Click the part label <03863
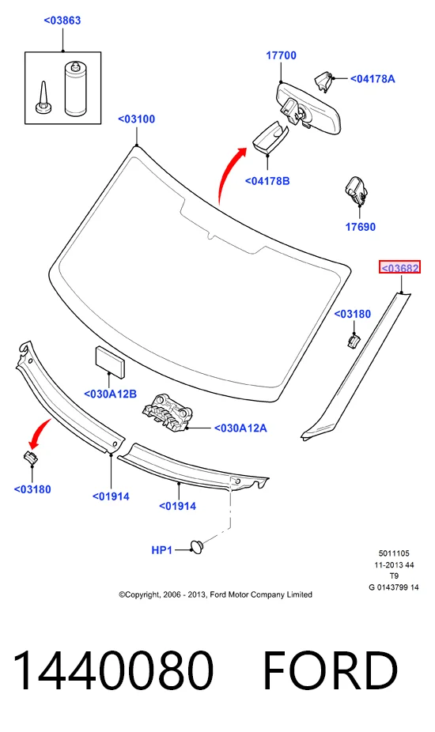click(62, 21)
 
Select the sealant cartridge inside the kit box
click(76, 88)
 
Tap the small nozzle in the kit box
click(43, 98)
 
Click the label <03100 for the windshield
click(137, 119)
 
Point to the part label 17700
click(282, 55)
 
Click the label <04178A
click(373, 79)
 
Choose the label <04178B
click(267, 181)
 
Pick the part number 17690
click(360, 227)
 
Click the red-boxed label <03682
click(399, 267)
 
